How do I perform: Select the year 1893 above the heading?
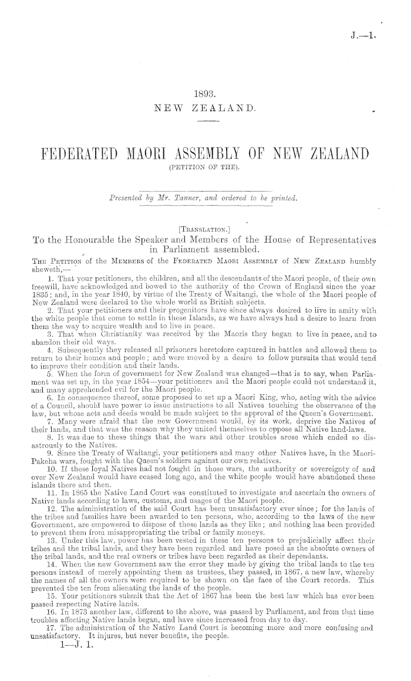click(205, 92)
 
